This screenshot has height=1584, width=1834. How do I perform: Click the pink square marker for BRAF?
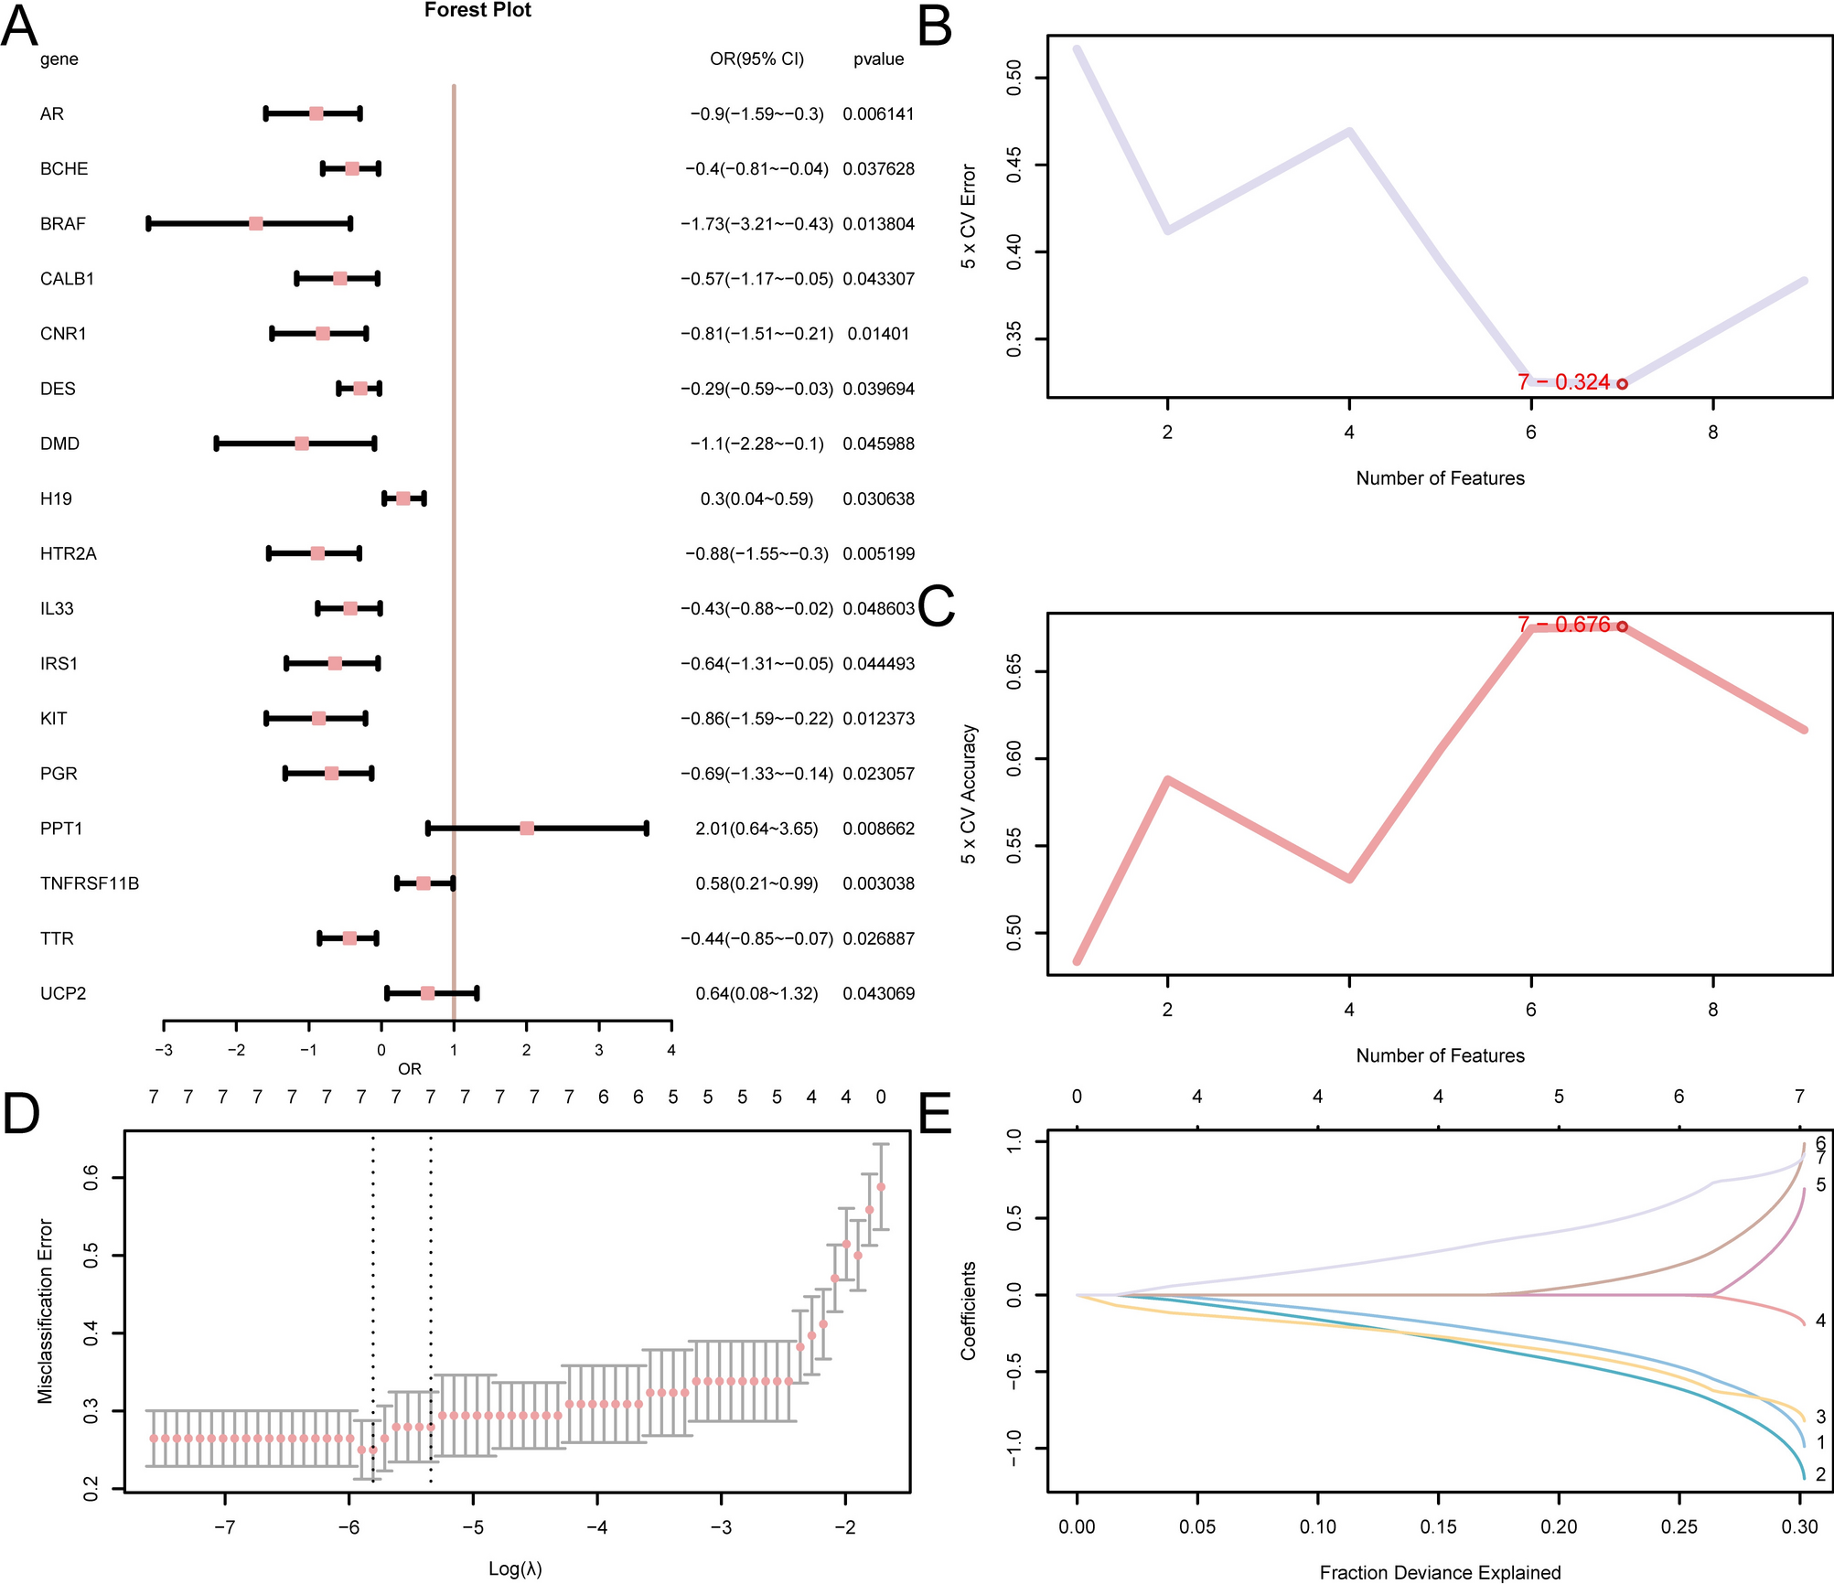256,224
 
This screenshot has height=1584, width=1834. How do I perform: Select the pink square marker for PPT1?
527,829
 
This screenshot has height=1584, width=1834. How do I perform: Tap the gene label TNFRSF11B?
90,883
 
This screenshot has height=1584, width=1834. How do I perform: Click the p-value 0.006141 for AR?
878,114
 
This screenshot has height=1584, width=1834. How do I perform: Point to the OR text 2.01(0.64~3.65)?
756,829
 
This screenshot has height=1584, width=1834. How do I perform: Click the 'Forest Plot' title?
477,10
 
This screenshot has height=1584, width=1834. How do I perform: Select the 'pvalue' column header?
878,59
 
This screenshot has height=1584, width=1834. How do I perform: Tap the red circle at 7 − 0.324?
1622,384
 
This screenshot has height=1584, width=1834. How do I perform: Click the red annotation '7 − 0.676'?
1563,625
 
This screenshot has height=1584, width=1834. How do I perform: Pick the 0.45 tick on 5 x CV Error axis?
1014,166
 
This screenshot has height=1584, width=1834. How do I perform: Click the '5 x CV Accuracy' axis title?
969,794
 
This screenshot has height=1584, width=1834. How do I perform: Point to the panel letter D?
21,1115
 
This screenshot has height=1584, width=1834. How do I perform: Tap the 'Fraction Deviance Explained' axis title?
1440,1572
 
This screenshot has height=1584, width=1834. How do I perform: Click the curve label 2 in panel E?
1820,1474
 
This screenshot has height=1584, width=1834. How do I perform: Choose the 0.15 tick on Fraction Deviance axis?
1438,1526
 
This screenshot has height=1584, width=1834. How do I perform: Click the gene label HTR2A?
68,554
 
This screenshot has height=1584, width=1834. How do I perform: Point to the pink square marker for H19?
403,498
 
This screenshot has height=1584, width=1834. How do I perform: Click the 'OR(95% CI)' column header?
756,59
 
